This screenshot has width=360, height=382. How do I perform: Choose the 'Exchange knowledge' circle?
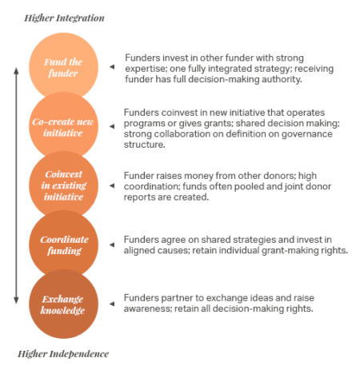(63, 304)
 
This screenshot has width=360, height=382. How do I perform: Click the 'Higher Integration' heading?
(64, 18)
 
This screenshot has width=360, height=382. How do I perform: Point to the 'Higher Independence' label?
(63, 353)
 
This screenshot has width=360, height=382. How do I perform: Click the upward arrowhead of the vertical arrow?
(14, 72)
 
